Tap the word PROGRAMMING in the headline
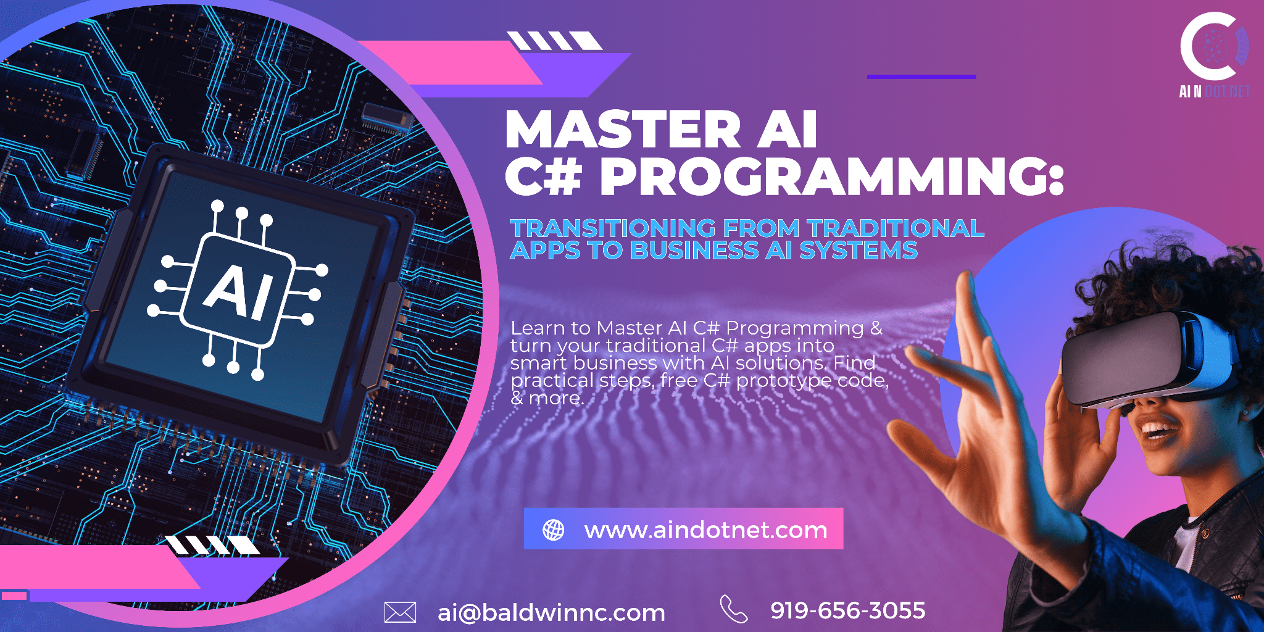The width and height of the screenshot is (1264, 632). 833,177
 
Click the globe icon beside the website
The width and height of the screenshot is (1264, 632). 553,530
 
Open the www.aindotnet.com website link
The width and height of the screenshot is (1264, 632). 705,530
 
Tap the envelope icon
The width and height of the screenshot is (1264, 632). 400,612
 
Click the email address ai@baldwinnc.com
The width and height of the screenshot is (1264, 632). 551,612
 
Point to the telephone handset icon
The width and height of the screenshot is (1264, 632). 733,609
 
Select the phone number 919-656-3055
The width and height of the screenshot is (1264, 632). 847,610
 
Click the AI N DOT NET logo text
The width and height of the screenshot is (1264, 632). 1214,91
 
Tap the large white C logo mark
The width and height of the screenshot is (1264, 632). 1208,46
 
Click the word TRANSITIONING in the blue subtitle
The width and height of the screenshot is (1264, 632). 613,228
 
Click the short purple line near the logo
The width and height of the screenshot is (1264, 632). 921,77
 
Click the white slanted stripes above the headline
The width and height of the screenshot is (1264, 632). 554,41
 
